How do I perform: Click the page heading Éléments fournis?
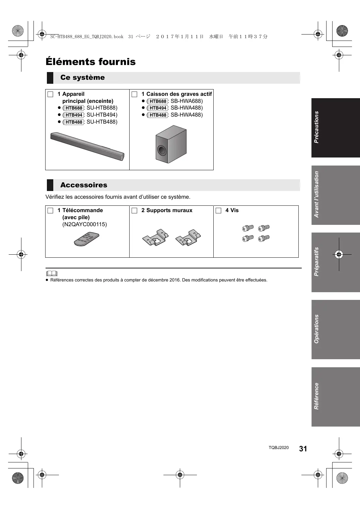[90, 62]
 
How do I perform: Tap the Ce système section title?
[82, 77]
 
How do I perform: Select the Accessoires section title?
[84, 185]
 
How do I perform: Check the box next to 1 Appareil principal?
[51, 94]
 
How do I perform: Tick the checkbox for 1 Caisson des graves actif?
[135, 94]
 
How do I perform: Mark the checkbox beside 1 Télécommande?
[51, 211]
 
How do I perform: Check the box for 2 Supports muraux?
[135, 211]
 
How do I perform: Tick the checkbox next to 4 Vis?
[219, 211]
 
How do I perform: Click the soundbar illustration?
[87, 146]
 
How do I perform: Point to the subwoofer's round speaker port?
[162, 150]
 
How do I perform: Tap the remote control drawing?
[87, 239]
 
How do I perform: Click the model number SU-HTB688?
[102, 108]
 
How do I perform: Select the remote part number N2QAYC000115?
[85, 225]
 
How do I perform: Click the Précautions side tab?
[336, 128]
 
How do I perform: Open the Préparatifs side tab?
[336, 262]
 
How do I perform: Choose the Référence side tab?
[336, 397]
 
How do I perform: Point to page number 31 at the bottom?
[303, 449]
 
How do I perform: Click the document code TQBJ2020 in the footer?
[278, 448]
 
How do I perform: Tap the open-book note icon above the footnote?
[52, 273]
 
